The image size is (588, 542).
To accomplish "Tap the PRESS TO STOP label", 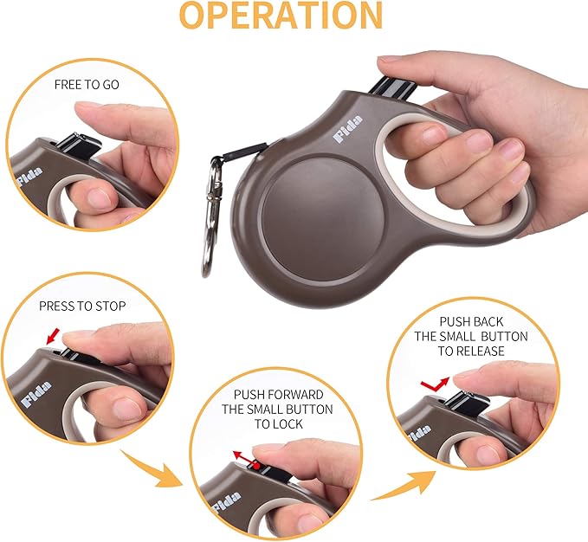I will (x=82, y=306).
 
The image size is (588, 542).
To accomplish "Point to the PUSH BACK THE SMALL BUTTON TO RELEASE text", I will (x=471, y=336).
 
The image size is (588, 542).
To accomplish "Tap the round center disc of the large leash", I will (x=316, y=210).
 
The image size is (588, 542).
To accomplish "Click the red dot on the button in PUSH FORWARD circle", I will (x=257, y=466).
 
